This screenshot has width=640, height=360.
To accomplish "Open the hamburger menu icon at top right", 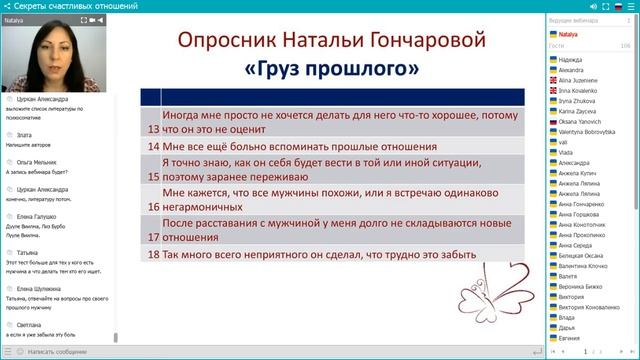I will tap(630, 6).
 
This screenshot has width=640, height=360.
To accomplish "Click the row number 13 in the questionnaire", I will tap(152, 129).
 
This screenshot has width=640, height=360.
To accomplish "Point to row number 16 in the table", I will tap(152, 206).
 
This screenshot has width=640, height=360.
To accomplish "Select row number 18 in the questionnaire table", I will tap(152, 255).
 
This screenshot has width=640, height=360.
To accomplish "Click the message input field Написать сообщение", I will tap(60, 352).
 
